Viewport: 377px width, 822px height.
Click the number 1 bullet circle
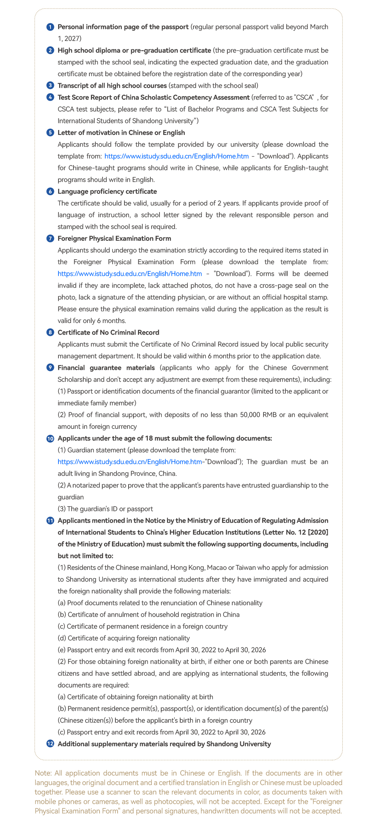[x=50, y=27]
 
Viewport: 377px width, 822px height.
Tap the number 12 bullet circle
[x=50, y=744]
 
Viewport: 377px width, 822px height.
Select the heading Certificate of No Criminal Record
[x=108, y=332]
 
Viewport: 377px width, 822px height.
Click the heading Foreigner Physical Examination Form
[x=114, y=239]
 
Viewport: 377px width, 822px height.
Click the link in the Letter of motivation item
[x=176, y=156]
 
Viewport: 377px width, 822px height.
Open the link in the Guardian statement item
[x=130, y=462]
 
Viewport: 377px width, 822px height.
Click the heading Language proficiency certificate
[x=107, y=191]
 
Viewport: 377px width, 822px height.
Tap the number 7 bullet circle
[x=50, y=239]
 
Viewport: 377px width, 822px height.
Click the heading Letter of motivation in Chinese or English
[x=121, y=133]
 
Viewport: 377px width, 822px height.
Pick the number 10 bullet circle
[x=50, y=438]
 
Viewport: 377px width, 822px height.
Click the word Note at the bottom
[x=41, y=773]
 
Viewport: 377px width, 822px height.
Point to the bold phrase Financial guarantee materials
[x=106, y=367]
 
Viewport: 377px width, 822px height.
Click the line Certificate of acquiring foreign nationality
[x=124, y=638]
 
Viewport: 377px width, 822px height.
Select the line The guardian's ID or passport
[x=105, y=509]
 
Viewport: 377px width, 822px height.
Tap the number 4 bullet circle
[x=50, y=97]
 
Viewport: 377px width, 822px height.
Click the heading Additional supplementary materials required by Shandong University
[x=164, y=744]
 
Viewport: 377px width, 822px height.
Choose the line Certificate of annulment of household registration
[x=149, y=615]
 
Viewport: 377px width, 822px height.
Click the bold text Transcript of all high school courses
[x=112, y=86]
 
